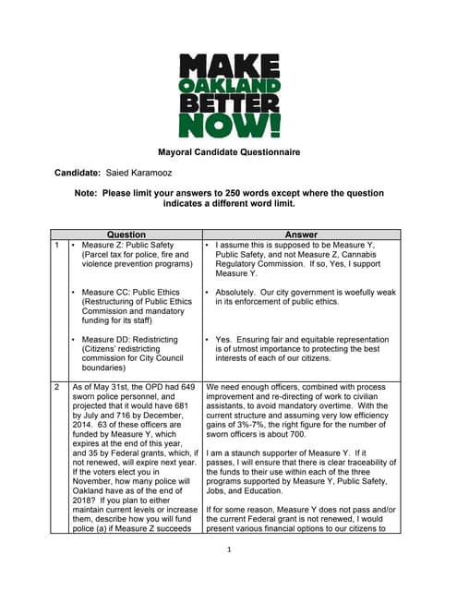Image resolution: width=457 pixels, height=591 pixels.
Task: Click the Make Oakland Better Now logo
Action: click(229, 95)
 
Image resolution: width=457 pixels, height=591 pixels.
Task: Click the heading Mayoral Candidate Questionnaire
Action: click(228, 151)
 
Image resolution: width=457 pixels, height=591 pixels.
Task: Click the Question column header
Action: click(126, 235)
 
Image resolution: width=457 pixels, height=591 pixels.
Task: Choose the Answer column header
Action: click(301, 235)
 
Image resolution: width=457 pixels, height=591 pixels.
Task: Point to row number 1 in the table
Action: click(57, 246)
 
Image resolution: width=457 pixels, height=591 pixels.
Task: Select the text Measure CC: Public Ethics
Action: click(135, 293)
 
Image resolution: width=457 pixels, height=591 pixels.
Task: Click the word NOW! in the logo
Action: click(229, 124)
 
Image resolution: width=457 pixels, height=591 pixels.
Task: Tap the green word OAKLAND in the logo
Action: click(229, 85)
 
